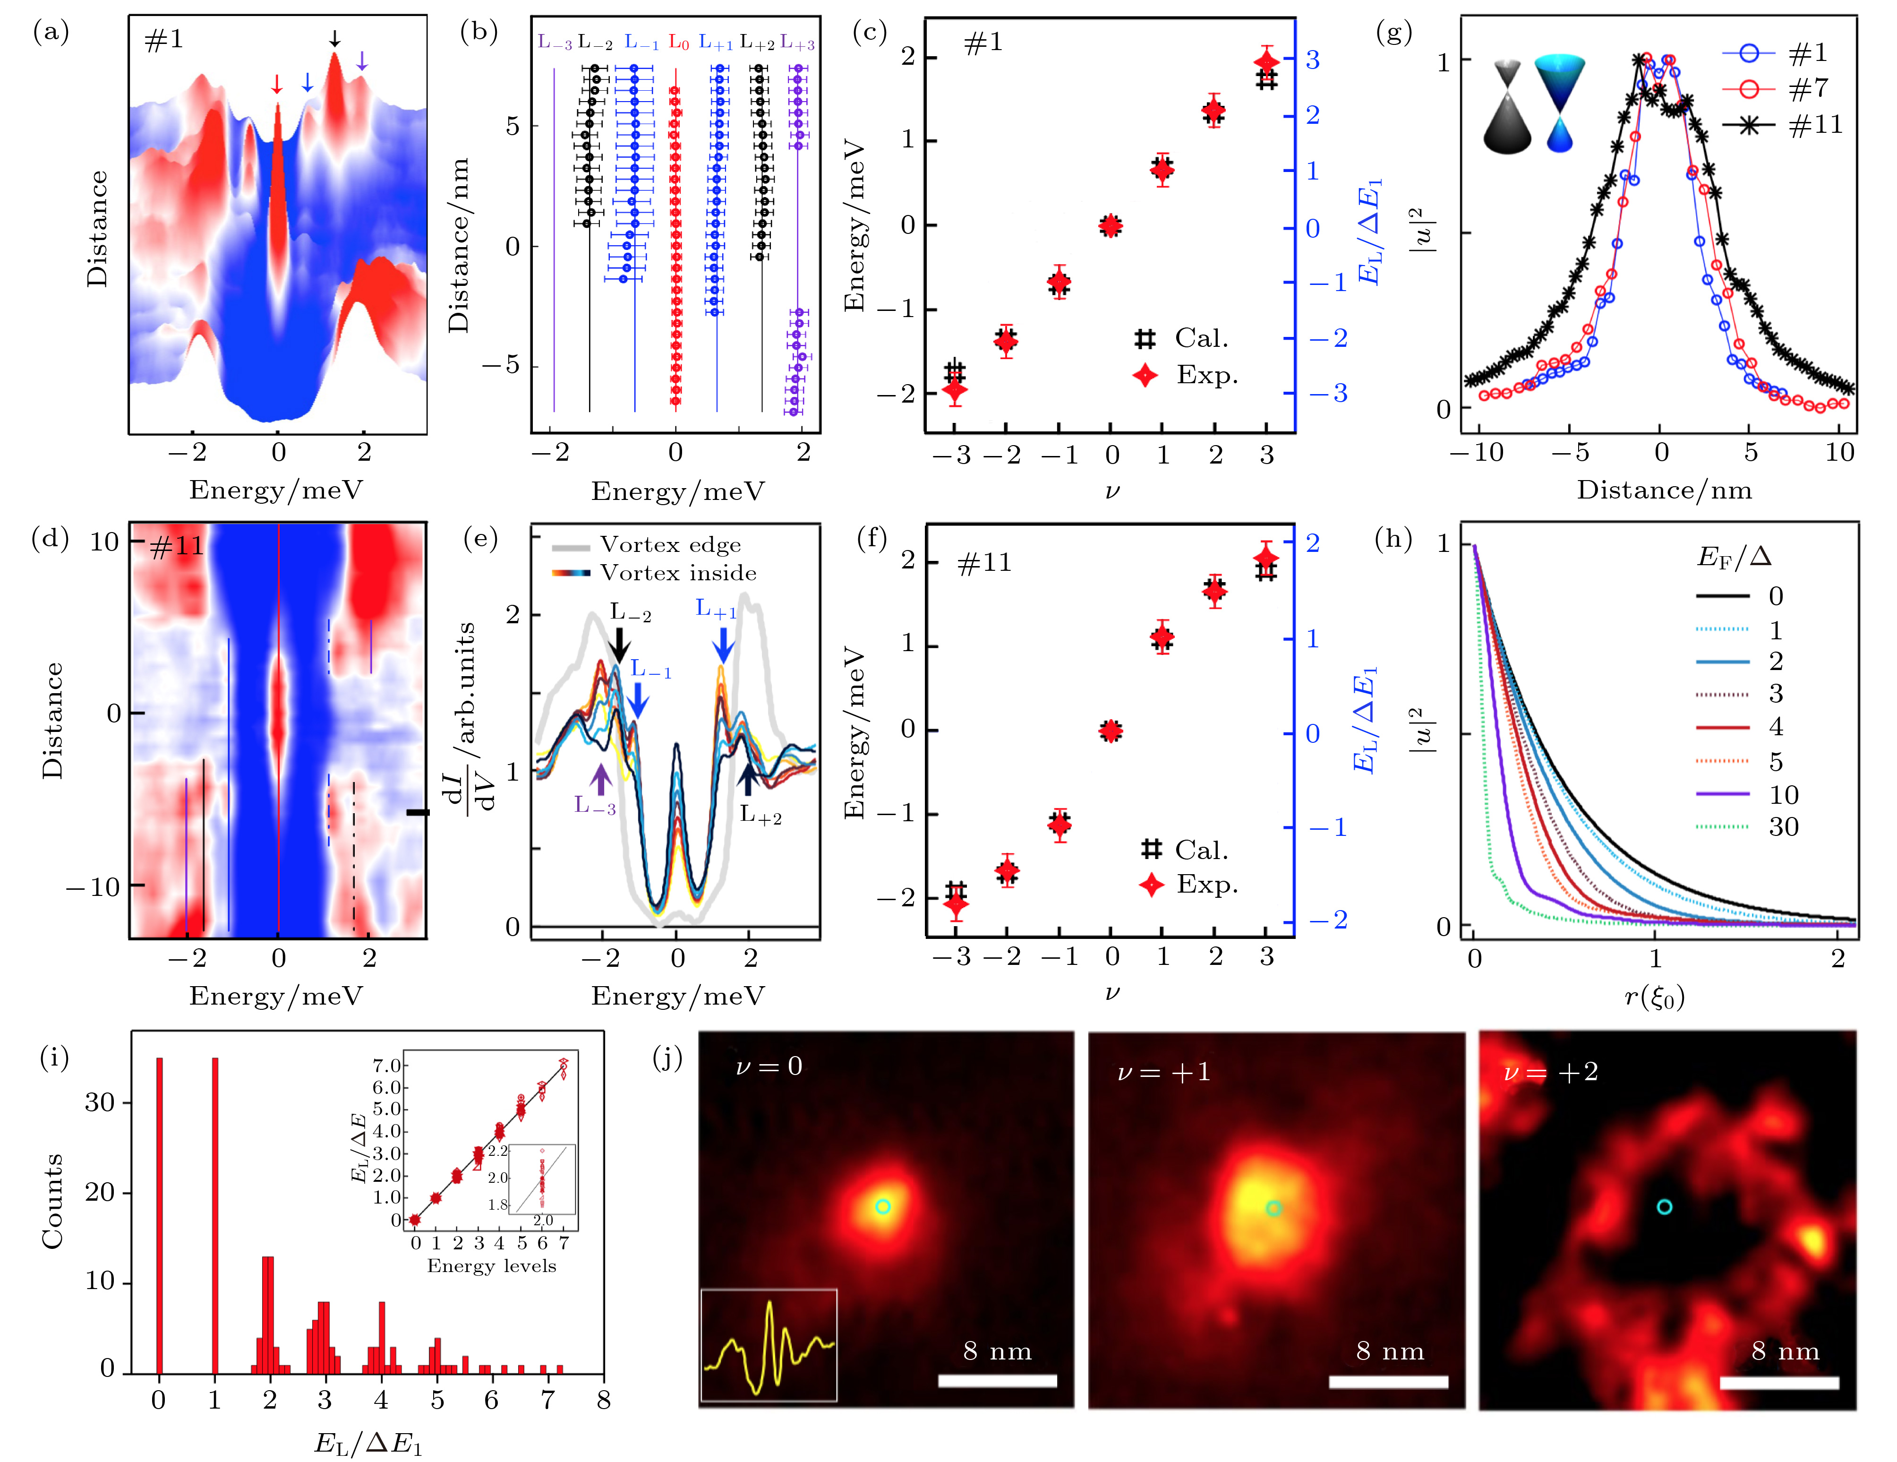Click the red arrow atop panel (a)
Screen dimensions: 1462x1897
click(276, 84)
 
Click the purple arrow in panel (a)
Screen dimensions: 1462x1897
click(362, 61)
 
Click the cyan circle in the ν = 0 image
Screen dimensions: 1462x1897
click(882, 1207)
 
